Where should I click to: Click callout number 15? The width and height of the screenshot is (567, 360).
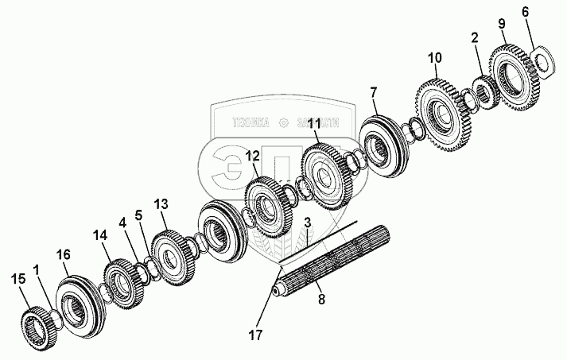coord(19,279)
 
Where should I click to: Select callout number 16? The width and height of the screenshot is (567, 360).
coord(64,254)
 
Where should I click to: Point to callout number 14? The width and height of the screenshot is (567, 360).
coord(100,235)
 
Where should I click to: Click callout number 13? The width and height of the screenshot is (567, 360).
coord(161,204)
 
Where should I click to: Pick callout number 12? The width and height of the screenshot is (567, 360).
coord(253,156)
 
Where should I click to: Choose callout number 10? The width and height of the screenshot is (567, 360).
coord(433,58)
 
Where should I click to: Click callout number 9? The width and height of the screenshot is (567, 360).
coord(501,25)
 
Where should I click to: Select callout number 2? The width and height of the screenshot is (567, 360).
coord(474,37)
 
